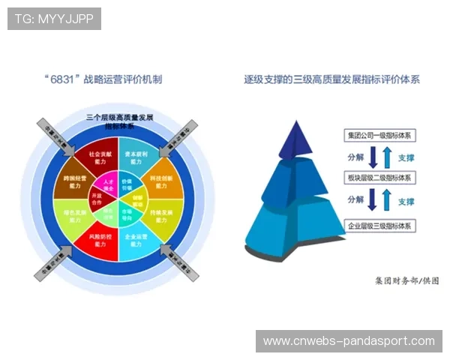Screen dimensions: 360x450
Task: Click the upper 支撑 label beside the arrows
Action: (406, 159)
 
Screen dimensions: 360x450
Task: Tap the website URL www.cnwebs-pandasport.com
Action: (349, 341)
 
